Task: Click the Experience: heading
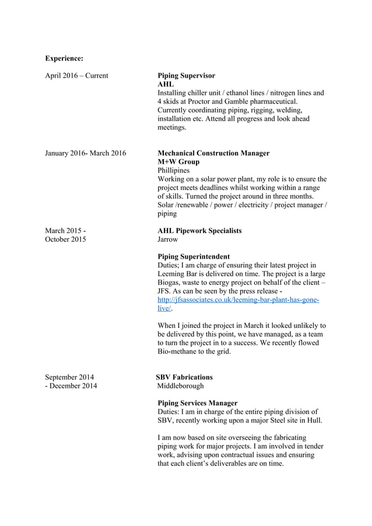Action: tap(64, 58)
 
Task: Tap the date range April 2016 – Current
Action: tap(76, 76)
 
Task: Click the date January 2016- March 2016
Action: tap(85, 153)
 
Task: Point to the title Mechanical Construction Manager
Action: tap(213, 153)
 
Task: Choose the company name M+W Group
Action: tap(178, 162)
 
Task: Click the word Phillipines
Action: tap(174, 170)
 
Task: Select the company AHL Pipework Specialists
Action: tap(199, 231)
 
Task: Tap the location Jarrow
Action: tap(168, 239)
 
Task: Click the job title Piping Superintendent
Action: tap(194, 256)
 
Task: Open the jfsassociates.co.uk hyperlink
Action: tap(238, 299)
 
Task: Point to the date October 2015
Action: tap(65, 239)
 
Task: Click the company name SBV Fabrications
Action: tap(184, 377)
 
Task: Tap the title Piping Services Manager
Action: tap(198, 403)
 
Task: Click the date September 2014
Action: tap(69, 377)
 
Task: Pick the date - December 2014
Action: tap(71, 386)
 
